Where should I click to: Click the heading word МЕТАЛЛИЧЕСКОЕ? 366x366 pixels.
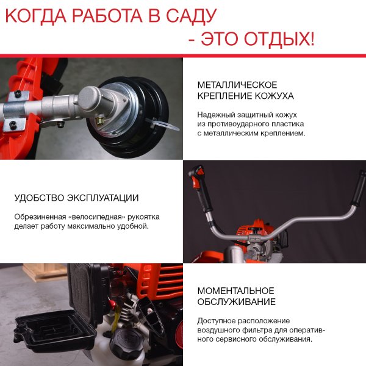237,85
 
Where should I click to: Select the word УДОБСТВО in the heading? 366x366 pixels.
40,198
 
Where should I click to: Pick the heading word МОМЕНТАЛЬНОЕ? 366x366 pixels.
235,290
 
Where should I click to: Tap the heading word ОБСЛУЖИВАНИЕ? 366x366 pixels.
236,302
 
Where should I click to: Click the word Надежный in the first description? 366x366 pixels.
214,114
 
